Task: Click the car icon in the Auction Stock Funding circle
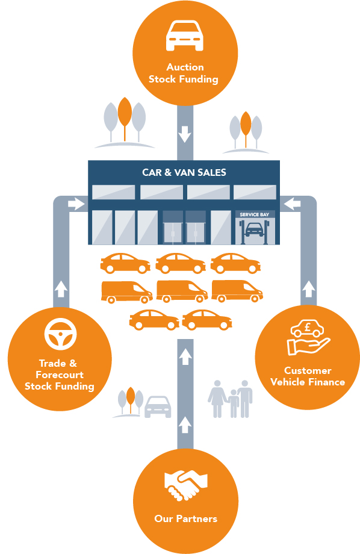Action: (184, 36)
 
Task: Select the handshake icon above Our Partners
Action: (184, 485)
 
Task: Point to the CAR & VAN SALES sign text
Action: (184, 172)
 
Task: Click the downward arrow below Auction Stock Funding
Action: (185, 133)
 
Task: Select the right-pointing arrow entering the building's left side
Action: (76, 205)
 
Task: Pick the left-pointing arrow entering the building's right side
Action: (293, 205)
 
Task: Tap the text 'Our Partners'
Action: (185, 518)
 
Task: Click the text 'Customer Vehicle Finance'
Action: (308, 376)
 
